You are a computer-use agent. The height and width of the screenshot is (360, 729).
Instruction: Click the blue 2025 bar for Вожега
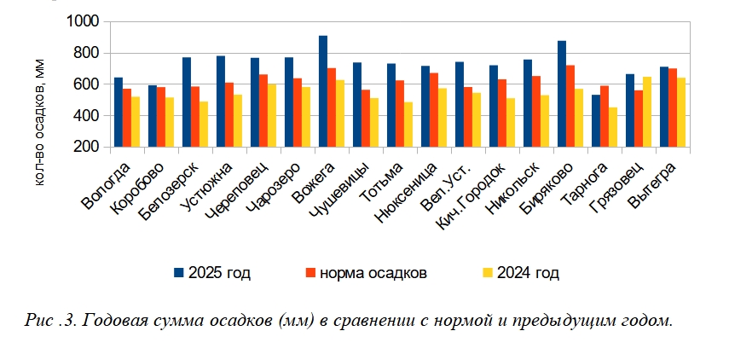[323, 91]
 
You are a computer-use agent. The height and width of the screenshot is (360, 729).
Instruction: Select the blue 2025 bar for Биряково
[562, 94]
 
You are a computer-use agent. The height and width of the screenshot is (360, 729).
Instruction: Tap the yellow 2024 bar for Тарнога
[613, 127]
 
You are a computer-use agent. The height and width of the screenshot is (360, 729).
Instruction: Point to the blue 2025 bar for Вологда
[119, 112]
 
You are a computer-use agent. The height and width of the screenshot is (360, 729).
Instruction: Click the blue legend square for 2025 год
[179, 272]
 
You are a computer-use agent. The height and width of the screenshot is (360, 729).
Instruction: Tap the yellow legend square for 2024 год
[488, 272]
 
